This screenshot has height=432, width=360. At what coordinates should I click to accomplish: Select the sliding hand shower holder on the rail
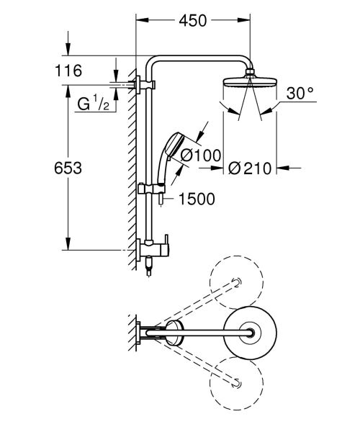(x=153, y=191)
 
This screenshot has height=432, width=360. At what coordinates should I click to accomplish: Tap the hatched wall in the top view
(x=130, y=333)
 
